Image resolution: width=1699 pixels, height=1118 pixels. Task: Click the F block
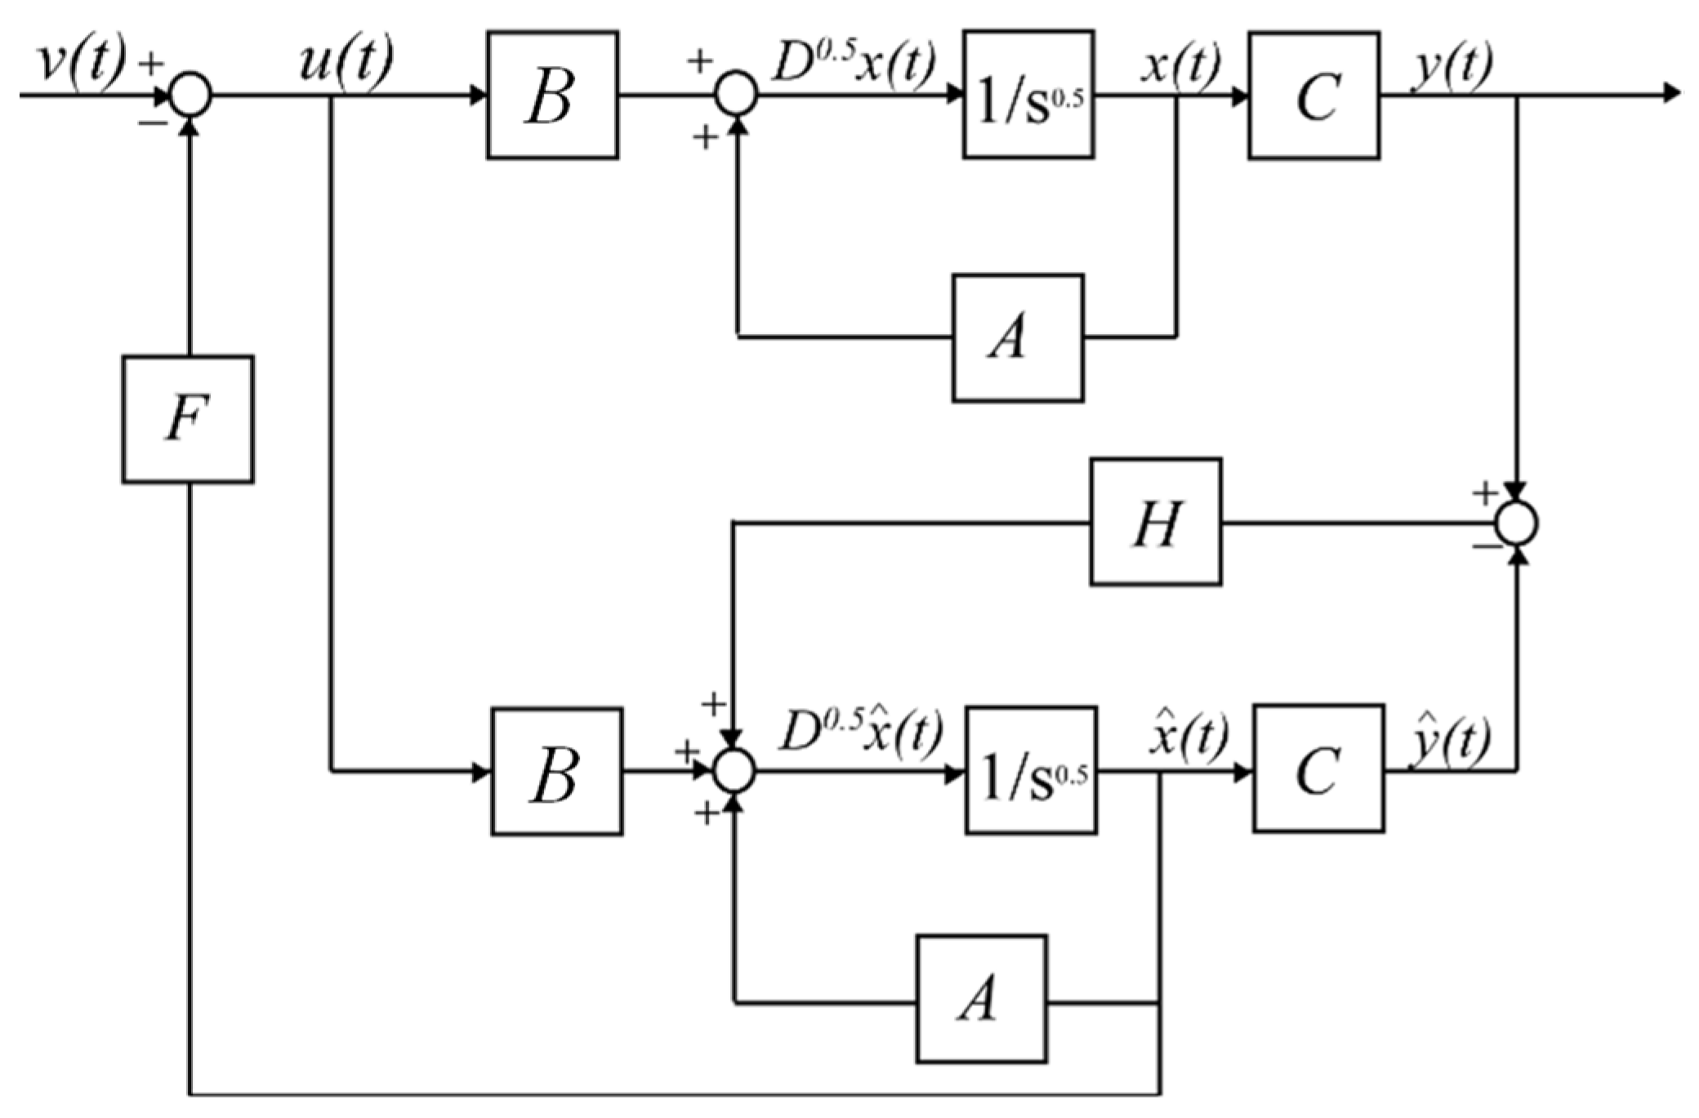[188, 419]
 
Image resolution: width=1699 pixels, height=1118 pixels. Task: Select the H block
[1156, 522]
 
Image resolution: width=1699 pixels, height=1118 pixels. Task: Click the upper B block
[552, 95]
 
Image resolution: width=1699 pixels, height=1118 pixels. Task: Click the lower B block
[557, 772]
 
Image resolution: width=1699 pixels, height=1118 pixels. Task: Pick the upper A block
[1018, 338]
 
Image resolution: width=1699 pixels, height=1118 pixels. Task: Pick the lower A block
[981, 999]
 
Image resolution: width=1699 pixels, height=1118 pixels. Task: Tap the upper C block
[1313, 96]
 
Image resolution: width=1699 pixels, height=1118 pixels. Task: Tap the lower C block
[1318, 768]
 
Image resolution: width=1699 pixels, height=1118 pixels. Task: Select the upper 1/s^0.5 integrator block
[1028, 95]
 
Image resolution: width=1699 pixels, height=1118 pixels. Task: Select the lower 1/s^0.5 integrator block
[1031, 770]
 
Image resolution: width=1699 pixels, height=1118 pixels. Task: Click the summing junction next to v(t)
[190, 95]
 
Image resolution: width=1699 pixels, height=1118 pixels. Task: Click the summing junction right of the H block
[1517, 523]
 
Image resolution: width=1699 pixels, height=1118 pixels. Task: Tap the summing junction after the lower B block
[734, 771]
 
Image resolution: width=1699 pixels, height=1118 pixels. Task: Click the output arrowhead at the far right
[1672, 95]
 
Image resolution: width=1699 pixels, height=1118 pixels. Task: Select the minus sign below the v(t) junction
[152, 122]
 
